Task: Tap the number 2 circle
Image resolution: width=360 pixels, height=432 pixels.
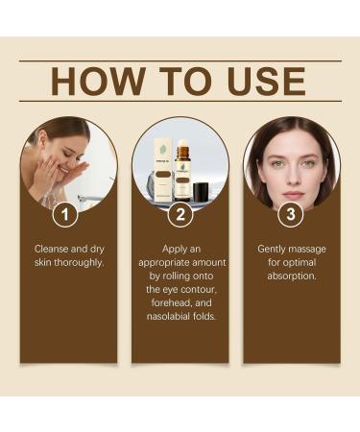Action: (x=180, y=215)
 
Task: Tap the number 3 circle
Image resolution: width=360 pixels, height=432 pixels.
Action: (x=292, y=215)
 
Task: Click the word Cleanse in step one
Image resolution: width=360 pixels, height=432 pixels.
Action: (x=55, y=249)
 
